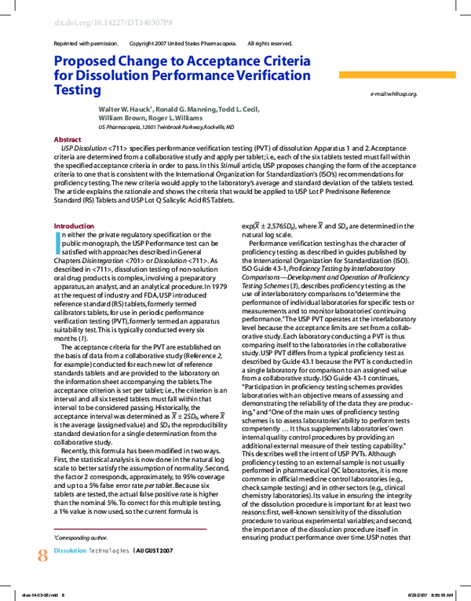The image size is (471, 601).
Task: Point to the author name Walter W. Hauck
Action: pyautogui.click(x=125, y=109)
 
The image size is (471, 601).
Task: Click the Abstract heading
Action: pyautogui.click(x=67, y=139)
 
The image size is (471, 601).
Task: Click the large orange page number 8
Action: pyautogui.click(x=42, y=555)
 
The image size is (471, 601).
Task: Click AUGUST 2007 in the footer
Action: pyautogui.click(x=158, y=552)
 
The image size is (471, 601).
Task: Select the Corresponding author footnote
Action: pyautogui.click(x=81, y=537)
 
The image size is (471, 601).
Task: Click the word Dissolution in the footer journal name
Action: pyautogui.click(x=70, y=552)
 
